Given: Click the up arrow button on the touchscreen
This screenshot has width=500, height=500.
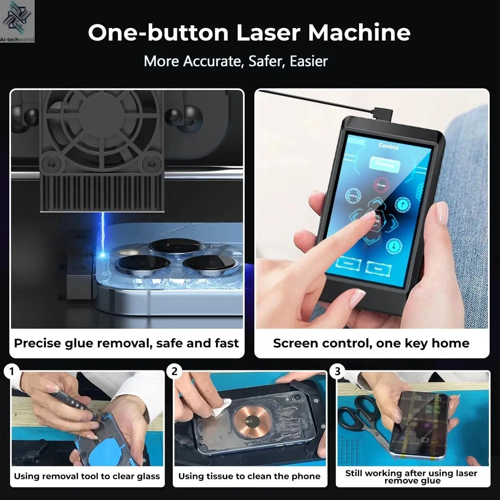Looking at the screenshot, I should point(401,204).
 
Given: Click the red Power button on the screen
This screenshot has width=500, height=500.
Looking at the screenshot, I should point(381,184).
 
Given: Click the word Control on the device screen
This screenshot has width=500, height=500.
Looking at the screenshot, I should point(388,146).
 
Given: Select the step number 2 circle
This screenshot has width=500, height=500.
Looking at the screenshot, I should point(174,372).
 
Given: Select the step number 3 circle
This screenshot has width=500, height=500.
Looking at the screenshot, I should point(337,372).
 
